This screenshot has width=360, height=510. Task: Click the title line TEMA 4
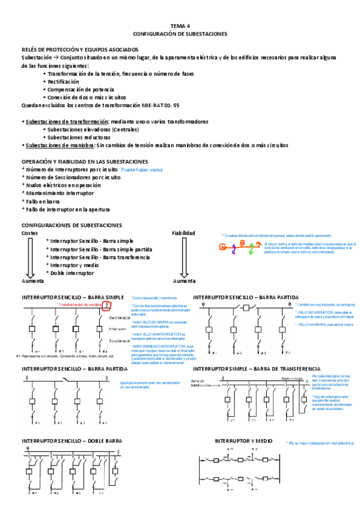pyautogui.click(x=180, y=26)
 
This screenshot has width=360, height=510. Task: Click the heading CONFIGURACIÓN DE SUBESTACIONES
pyautogui.click(x=180, y=34)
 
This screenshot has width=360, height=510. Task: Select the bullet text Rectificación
pyautogui.click(x=63, y=81)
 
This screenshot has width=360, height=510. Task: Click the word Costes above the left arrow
pyautogui.click(x=30, y=233)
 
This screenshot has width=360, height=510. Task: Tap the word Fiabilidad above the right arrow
pyautogui.click(x=183, y=233)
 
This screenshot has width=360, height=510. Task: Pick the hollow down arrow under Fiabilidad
pyautogui.click(x=183, y=258)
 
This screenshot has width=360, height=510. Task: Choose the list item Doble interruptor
pyautogui.click(x=72, y=272)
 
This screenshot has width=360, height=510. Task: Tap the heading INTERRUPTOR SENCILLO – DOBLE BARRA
pyautogui.click(x=72, y=441)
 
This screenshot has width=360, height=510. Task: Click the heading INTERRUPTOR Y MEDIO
pyautogui.click(x=243, y=441)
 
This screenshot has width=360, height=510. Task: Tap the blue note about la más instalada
pyautogui.click(x=321, y=443)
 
